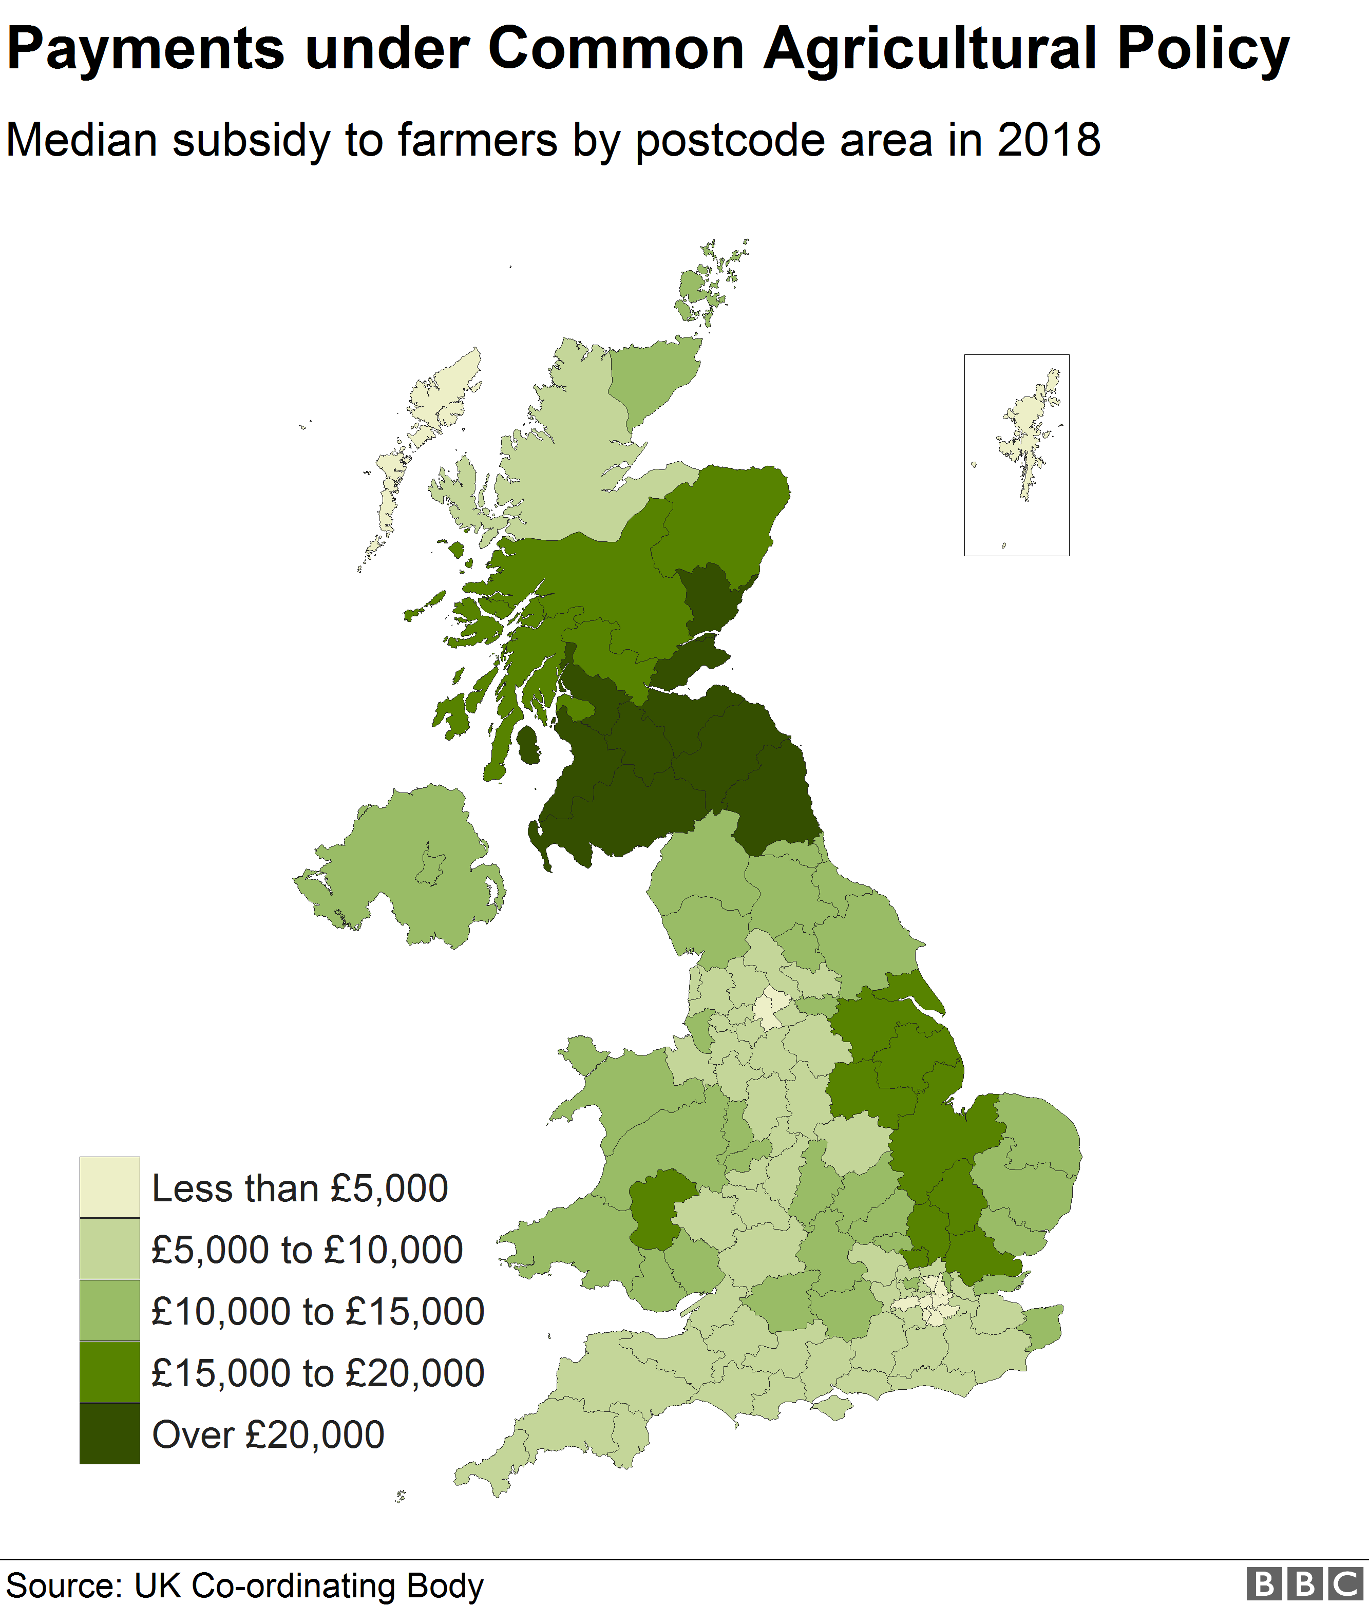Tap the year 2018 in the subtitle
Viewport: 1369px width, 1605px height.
[x=1049, y=140]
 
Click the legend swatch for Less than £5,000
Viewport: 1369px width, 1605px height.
[x=109, y=1187]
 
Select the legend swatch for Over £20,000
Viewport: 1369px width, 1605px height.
[x=109, y=1434]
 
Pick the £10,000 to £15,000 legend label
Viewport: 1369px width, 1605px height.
[x=317, y=1311]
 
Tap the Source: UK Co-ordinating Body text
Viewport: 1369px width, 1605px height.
[x=245, y=1585]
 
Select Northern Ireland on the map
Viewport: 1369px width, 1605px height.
[x=403, y=867]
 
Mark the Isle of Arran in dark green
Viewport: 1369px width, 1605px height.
[x=529, y=744]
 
